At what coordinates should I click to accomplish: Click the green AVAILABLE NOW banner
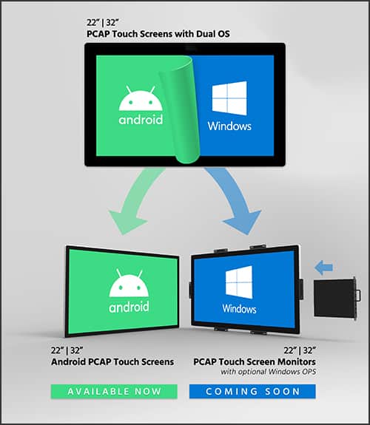114,392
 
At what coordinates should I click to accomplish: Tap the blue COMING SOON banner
252,392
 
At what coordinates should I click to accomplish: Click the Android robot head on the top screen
141,98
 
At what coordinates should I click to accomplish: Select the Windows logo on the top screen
229,98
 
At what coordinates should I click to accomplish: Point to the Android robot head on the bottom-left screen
129,283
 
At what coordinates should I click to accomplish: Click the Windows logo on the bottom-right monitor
239,282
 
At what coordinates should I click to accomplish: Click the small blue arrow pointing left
323,268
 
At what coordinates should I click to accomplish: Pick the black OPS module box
337,298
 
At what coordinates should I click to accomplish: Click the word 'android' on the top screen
141,120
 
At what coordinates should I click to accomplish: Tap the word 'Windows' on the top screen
229,126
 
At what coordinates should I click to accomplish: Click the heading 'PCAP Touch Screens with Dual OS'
158,34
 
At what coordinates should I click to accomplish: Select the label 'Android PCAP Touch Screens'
112,362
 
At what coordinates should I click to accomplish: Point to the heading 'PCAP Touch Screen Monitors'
255,362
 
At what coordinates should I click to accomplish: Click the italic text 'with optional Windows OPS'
269,372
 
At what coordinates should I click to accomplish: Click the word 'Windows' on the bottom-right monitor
239,309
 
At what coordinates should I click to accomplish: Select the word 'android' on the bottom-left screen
129,307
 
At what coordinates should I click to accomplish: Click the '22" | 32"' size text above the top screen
103,22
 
